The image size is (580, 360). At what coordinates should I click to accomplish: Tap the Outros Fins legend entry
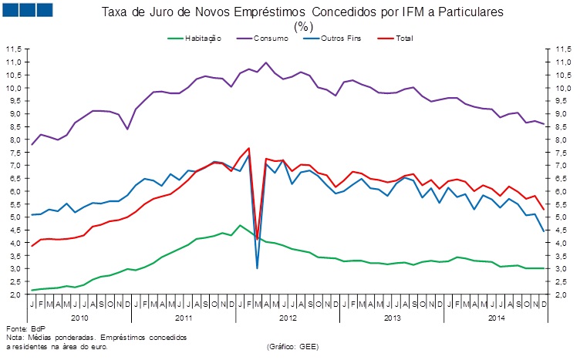[x=342, y=38]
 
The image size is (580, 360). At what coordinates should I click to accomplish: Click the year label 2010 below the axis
[x=79, y=317]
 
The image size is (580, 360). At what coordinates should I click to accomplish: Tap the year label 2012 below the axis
[x=288, y=317]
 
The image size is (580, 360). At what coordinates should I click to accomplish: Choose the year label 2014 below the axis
[x=496, y=317]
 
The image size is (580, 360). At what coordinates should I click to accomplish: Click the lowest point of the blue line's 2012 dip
[x=257, y=268]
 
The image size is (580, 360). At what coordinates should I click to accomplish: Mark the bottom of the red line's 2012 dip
[x=257, y=239]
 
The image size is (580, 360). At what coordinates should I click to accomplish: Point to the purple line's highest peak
[x=266, y=62]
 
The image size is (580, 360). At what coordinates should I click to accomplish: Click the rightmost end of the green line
[x=545, y=268]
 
